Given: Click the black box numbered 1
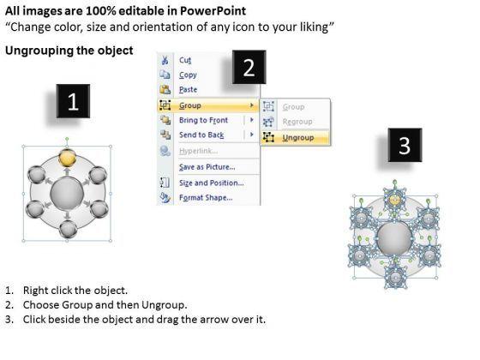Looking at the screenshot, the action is (x=73, y=101).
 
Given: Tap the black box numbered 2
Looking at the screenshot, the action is (x=249, y=67).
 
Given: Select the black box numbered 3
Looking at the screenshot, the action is (x=405, y=145).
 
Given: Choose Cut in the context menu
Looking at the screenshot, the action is (x=185, y=60).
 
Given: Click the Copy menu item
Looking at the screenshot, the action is (x=188, y=75).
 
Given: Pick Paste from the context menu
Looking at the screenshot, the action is (x=188, y=90).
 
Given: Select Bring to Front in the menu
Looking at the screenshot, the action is (x=204, y=120).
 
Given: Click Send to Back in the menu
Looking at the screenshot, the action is (x=201, y=135).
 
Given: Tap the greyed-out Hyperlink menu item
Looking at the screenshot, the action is (x=198, y=151).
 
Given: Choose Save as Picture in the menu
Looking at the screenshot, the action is (x=207, y=167).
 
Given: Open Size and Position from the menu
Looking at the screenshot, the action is (x=211, y=183).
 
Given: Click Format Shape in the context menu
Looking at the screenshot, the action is (x=206, y=198).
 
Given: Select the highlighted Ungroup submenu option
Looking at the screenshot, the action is (x=298, y=138).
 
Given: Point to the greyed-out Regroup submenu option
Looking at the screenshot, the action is (x=297, y=122).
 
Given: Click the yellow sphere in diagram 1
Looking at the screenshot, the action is (x=67, y=158).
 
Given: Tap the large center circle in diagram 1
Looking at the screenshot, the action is (x=67, y=194).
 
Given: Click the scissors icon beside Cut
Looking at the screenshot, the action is (x=165, y=60).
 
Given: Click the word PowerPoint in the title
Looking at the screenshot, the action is (x=213, y=11).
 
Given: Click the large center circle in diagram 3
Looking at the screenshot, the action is (x=394, y=238).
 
